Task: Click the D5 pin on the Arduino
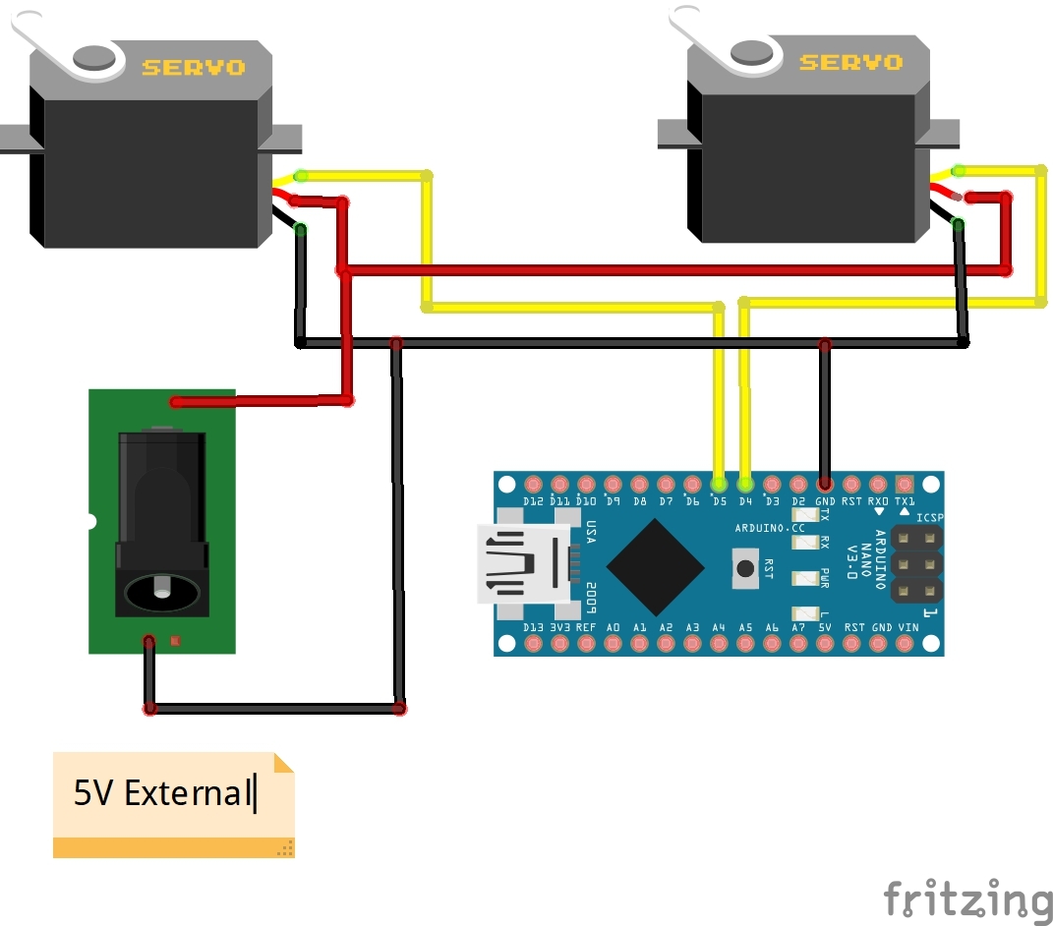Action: tap(720, 484)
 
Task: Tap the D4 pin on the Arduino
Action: tap(745, 484)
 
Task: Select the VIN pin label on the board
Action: tap(908, 627)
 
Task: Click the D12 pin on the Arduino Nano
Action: tap(534, 484)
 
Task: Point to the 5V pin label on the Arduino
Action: tap(825, 627)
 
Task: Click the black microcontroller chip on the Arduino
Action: tap(655, 566)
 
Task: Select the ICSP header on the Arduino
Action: tap(916, 564)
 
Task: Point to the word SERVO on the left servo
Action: tap(194, 68)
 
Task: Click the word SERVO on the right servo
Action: tap(851, 63)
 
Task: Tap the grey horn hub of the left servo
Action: tap(94, 57)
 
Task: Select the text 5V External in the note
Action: tap(163, 792)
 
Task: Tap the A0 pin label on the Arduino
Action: tap(614, 627)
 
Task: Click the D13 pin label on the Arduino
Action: tap(534, 627)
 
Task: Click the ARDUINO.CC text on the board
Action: tap(769, 529)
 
